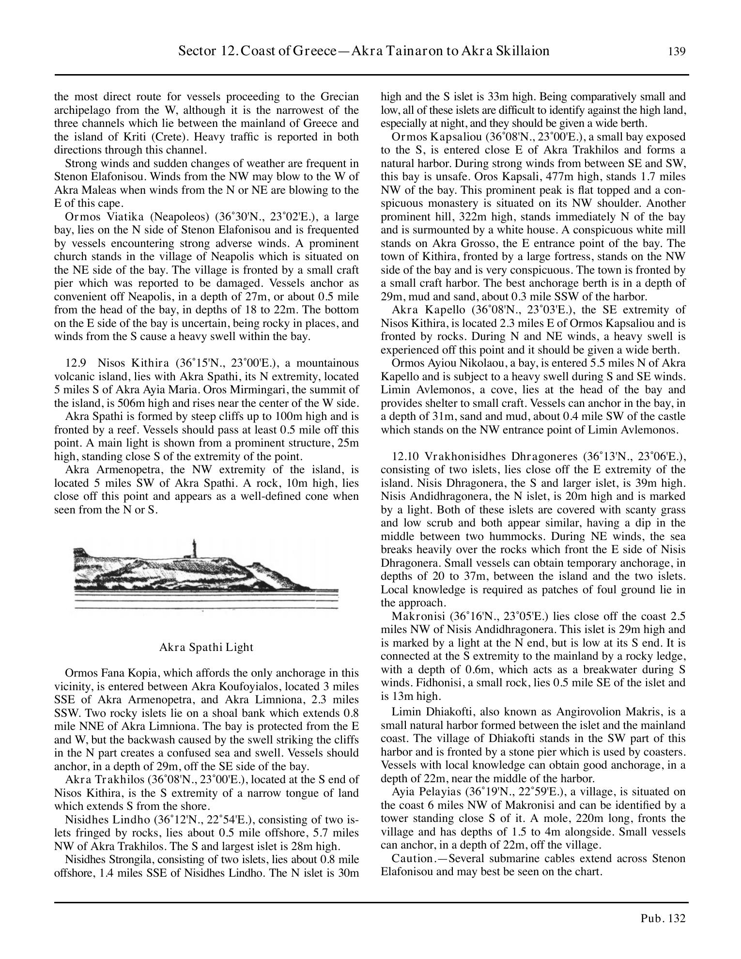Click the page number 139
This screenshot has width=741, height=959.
click(677, 52)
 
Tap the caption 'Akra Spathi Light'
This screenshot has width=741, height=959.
click(206, 647)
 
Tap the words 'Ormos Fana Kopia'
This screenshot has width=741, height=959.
click(103, 673)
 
